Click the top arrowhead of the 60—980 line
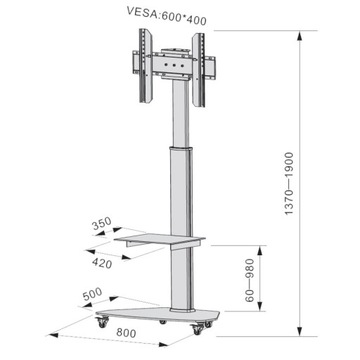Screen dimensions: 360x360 (x=262, y=244)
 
